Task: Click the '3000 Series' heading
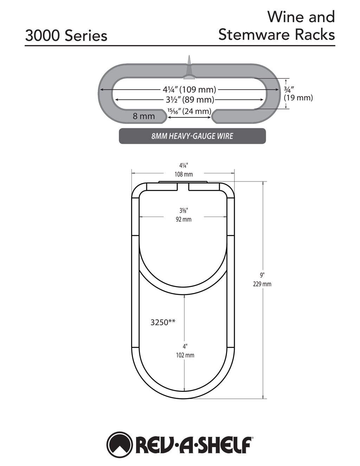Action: coord(66,36)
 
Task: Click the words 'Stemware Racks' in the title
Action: coord(277,34)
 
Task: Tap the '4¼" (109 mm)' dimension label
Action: coord(189,89)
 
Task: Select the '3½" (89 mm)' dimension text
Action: coord(190,100)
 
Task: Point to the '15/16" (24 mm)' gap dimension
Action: coord(189,111)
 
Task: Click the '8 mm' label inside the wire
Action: coord(144,116)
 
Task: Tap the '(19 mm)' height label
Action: coord(298,98)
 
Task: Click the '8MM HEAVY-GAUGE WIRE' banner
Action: coord(192,136)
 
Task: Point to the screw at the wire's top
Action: coord(189,67)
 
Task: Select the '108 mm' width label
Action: coord(184,174)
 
